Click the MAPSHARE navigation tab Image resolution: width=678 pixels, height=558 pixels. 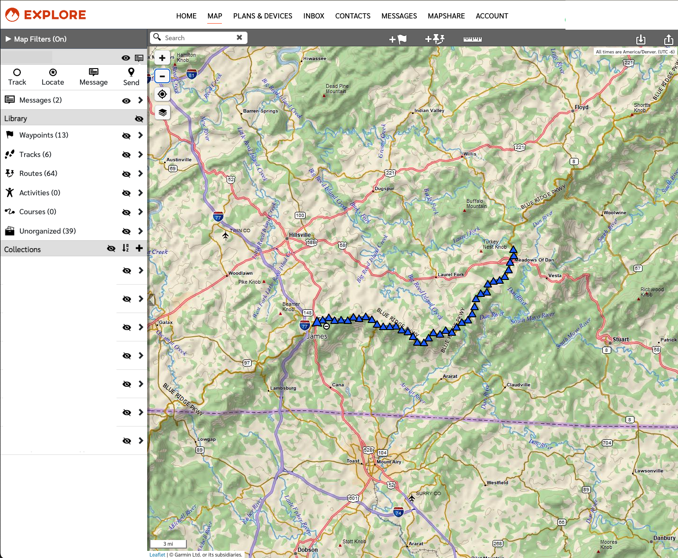point(446,16)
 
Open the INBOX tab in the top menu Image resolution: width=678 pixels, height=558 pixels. point(314,16)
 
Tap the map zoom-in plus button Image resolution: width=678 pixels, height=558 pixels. point(162,58)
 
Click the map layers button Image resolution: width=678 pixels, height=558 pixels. point(162,113)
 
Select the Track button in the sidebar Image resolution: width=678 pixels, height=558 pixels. point(17,77)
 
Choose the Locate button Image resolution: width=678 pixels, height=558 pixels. point(53,77)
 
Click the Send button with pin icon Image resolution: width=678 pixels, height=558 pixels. point(131,77)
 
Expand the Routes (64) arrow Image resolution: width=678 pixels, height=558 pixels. point(141,174)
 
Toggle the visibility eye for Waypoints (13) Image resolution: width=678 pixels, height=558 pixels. point(126,136)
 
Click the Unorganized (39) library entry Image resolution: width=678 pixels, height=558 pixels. point(47,231)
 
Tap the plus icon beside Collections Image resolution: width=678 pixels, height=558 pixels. point(139,248)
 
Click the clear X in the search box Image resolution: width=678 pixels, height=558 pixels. point(239,37)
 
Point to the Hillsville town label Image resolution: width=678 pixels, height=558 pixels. point(300,235)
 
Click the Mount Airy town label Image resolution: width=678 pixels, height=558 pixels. point(389,462)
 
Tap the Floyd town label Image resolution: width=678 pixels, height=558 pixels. point(581,107)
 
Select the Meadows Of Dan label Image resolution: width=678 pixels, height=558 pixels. point(534,260)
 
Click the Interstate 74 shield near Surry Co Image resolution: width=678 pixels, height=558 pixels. point(398,513)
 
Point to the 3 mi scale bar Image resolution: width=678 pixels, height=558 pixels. point(168,544)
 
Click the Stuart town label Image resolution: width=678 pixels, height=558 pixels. point(621,340)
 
